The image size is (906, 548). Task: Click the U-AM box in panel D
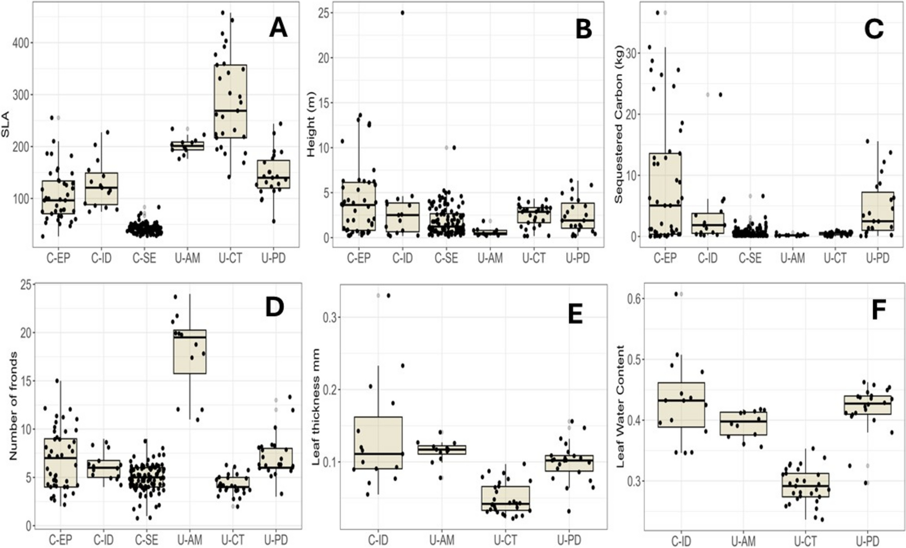click(x=190, y=352)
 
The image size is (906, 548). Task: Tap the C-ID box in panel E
click(x=378, y=443)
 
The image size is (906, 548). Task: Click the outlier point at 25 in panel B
click(x=402, y=13)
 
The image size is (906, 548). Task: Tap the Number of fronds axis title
click(x=13, y=405)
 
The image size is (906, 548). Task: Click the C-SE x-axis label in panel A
click(x=144, y=258)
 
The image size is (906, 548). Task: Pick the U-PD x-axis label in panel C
click(x=877, y=258)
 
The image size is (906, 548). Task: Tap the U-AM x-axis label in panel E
click(x=442, y=541)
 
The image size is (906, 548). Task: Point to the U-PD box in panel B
click(x=577, y=216)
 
